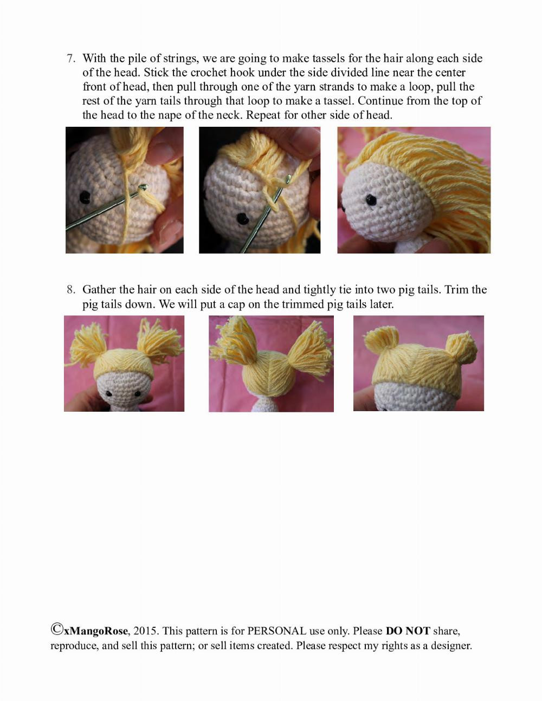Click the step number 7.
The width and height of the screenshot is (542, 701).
click(x=70, y=59)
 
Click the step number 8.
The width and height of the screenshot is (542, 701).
click(x=70, y=290)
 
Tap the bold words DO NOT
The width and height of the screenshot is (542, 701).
click(x=408, y=631)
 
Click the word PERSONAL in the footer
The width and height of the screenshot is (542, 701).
click(x=276, y=631)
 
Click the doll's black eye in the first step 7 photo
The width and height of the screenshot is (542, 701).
click(x=85, y=198)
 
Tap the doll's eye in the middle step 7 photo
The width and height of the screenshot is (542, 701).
click(x=242, y=219)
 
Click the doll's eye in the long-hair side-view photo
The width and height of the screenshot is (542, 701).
click(x=371, y=200)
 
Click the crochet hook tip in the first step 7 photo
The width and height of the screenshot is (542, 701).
click(x=143, y=187)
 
